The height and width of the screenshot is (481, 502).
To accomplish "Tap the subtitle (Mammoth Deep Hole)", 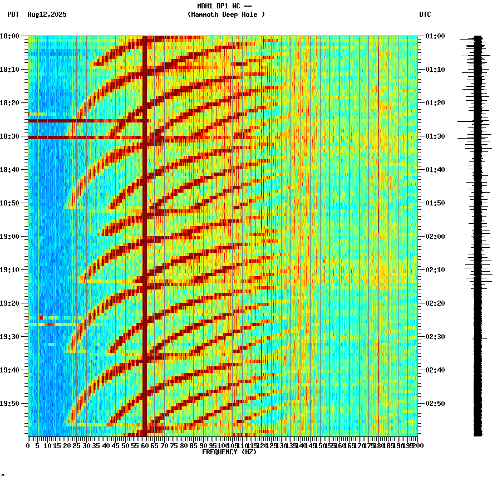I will [x=226, y=14].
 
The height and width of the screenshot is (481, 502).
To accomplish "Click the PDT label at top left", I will [x=13, y=14].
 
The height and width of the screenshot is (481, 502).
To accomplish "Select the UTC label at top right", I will [x=425, y=14].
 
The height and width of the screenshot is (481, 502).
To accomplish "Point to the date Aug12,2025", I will [x=47, y=14].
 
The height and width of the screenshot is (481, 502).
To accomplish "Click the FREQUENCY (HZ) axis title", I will [x=229, y=452].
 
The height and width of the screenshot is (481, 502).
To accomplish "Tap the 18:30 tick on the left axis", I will [x=9, y=136].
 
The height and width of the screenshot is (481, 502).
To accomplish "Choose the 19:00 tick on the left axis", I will [x=9, y=237].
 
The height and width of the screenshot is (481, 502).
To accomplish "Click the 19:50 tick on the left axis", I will [x=9, y=404].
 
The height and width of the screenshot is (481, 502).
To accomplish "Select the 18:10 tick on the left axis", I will [x=9, y=70].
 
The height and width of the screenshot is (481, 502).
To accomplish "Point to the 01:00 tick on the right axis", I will [x=435, y=36].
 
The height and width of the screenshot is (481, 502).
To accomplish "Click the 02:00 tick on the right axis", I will [x=435, y=237].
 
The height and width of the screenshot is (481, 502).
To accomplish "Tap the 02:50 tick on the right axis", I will [x=435, y=404].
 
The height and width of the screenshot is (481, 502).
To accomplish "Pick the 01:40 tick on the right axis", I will [x=435, y=170].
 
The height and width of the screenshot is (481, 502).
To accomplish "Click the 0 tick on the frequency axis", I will [x=28, y=445].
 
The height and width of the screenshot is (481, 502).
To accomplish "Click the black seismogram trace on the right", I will [x=478, y=234].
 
